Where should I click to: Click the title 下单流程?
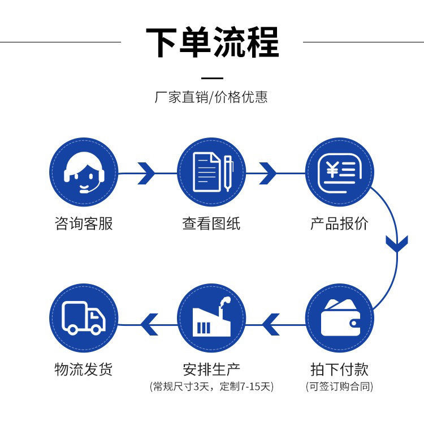(x=212, y=42)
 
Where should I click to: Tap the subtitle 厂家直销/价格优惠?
(x=211, y=97)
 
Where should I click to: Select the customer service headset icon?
(x=84, y=172)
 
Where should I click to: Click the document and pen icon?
(x=213, y=172)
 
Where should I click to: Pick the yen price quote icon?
(x=340, y=173)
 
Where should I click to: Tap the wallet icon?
(x=340, y=318)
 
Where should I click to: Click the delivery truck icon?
(x=84, y=318)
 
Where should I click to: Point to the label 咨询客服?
(x=84, y=223)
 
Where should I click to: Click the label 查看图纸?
(x=211, y=223)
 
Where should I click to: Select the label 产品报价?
(x=339, y=223)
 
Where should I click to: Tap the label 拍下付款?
(x=339, y=369)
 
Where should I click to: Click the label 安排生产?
(x=211, y=369)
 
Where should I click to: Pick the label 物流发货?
(x=84, y=369)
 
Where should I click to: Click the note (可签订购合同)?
(x=339, y=386)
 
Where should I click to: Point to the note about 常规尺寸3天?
(x=211, y=386)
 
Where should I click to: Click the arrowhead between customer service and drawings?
(x=146, y=173)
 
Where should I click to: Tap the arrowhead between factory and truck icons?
(x=149, y=324)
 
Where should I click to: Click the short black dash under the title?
(x=212, y=78)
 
